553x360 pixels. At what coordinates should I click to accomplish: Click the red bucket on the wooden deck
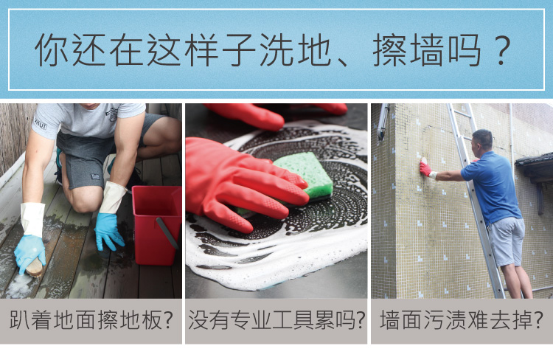pos(155,225)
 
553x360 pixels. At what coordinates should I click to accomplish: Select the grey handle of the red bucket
pos(167,232)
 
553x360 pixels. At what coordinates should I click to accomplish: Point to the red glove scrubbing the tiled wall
pos(425,167)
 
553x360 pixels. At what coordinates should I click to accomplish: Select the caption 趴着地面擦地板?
pos(91,319)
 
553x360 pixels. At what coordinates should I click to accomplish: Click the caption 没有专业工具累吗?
pos(276,319)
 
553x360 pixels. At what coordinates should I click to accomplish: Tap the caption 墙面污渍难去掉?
pos(462,319)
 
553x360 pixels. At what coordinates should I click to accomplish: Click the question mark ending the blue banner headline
pos(502,50)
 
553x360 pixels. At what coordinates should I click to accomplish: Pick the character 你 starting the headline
pos(52,50)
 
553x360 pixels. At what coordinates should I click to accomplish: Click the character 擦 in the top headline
pos(390,50)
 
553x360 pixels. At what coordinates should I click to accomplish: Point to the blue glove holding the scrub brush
pos(30,252)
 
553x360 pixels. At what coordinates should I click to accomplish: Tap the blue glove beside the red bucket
pos(108,231)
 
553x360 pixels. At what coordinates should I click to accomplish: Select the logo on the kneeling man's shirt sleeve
pos(41,123)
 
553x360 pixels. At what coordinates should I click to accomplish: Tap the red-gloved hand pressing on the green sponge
pos(243,184)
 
